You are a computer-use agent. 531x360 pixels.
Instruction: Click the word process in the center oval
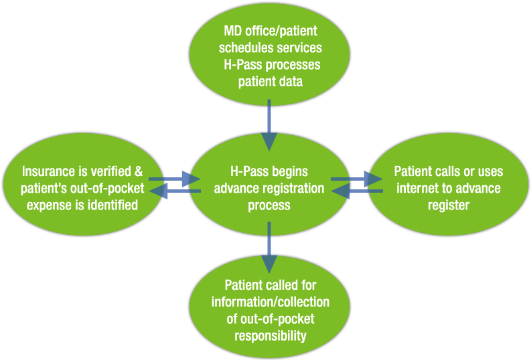coord(269,205)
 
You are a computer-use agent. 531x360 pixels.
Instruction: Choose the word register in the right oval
coord(449,205)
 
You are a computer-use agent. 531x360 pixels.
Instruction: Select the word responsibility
coord(270,335)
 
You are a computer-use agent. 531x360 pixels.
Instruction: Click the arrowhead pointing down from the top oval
coord(269,141)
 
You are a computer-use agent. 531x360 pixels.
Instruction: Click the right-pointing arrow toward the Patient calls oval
coord(372,179)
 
